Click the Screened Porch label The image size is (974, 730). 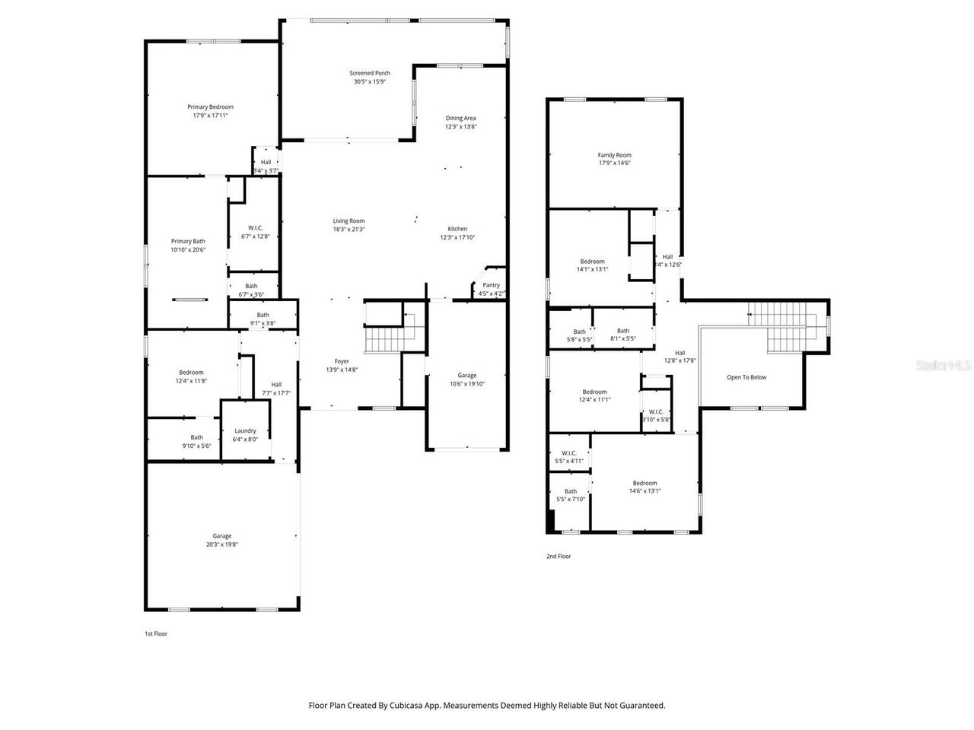(x=370, y=73)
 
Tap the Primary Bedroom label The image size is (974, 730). (x=211, y=107)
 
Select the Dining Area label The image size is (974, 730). (x=460, y=118)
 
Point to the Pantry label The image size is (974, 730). (x=491, y=285)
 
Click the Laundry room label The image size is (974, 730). (x=245, y=431)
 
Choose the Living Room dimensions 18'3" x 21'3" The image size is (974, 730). (x=349, y=229)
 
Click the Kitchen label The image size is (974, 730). (x=457, y=229)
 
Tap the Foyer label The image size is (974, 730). (x=342, y=361)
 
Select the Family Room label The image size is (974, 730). (x=614, y=155)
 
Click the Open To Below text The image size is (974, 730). (x=746, y=377)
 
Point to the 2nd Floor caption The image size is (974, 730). (x=559, y=557)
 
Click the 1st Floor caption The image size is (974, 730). (x=156, y=633)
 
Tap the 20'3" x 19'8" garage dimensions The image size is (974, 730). (x=222, y=544)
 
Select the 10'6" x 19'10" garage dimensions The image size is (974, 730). (x=466, y=384)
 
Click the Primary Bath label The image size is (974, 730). (x=188, y=241)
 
